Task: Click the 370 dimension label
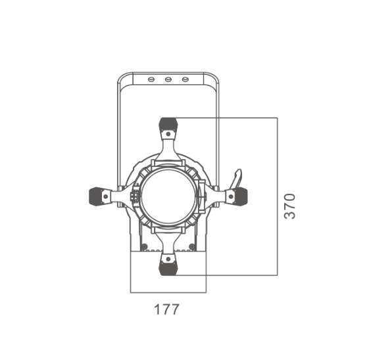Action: [289, 206]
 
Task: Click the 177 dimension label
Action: [166, 309]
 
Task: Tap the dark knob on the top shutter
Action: [168, 124]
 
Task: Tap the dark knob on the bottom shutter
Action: [168, 269]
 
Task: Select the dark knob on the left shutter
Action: [95, 196]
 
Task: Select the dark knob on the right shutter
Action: [241, 196]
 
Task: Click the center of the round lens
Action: [168, 196]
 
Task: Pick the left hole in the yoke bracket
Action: [151, 79]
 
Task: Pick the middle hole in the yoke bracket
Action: [168, 79]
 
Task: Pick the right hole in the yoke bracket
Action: [185, 79]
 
